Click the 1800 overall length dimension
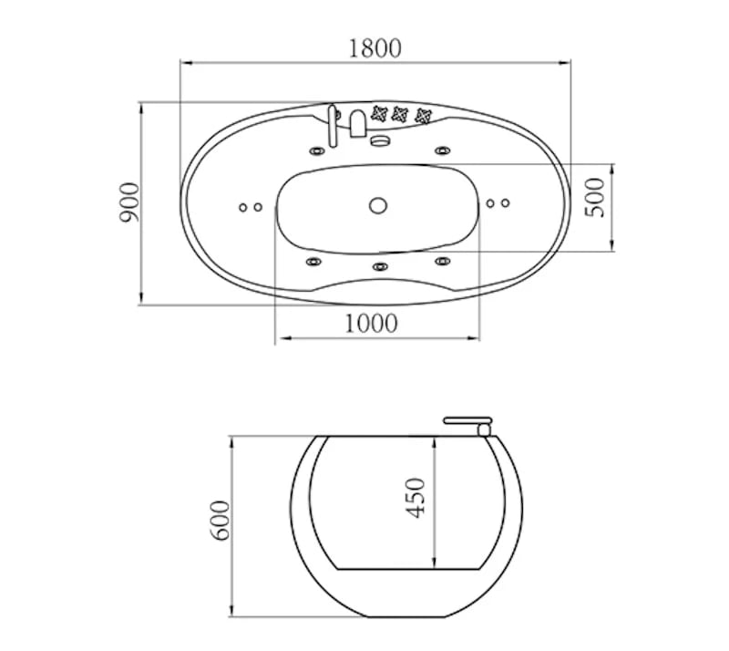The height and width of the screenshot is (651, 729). (x=375, y=49)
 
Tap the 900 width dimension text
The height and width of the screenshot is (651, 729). (x=129, y=202)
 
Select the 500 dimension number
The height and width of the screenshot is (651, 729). (x=596, y=197)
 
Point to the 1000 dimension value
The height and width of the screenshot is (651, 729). (x=371, y=324)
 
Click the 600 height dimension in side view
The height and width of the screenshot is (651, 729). (x=221, y=521)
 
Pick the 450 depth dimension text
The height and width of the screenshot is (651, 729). (x=416, y=498)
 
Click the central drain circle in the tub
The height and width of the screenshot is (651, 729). (x=378, y=205)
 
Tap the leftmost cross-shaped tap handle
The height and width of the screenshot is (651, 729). (x=379, y=113)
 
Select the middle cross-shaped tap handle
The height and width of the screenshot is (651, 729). (x=400, y=114)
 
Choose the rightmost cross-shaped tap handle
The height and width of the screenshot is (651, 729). (x=423, y=116)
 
